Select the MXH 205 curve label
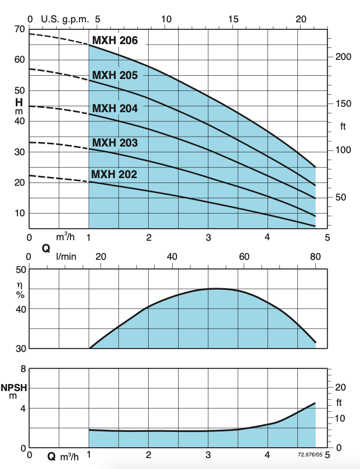[x=115, y=75]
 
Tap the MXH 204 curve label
[x=115, y=108]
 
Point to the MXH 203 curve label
[x=115, y=143]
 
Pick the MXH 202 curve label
[x=114, y=174]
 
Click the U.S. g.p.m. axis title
[x=65, y=19]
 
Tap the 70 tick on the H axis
[x=20, y=29]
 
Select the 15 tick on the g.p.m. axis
[x=234, y=19]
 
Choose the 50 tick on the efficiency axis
[x=20, y=270]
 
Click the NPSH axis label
[x=14, y=388]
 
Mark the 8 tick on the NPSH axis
[x=22, y=369]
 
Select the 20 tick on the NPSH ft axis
[x=340, y=387]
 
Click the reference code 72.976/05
[x=310, y=454]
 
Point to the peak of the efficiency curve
[x=217, y=289]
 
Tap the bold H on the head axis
[x=19, y=101]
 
